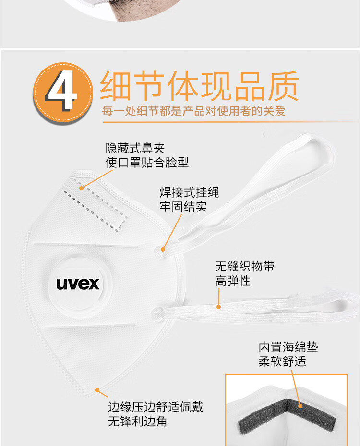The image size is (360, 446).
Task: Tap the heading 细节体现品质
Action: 199,86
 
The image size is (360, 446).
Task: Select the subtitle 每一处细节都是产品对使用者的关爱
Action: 193,111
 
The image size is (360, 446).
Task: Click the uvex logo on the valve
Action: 78,284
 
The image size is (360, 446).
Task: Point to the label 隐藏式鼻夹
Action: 135,148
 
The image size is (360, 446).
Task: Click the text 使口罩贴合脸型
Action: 147,163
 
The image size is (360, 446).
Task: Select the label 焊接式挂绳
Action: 189,192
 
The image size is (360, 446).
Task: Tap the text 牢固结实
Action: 183,207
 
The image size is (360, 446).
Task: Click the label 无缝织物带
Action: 245,267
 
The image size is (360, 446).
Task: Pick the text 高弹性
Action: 233,281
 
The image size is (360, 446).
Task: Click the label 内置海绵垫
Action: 288,347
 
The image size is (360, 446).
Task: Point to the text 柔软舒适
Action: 282,362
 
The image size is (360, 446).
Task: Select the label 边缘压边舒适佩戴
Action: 156,407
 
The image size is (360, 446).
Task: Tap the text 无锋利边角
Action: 138,422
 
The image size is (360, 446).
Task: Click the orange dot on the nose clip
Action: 82,188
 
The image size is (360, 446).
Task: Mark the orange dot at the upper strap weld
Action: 163,249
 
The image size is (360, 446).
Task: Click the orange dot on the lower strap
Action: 218,307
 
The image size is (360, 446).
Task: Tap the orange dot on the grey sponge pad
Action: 300,406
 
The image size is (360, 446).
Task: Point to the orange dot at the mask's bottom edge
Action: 97,390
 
